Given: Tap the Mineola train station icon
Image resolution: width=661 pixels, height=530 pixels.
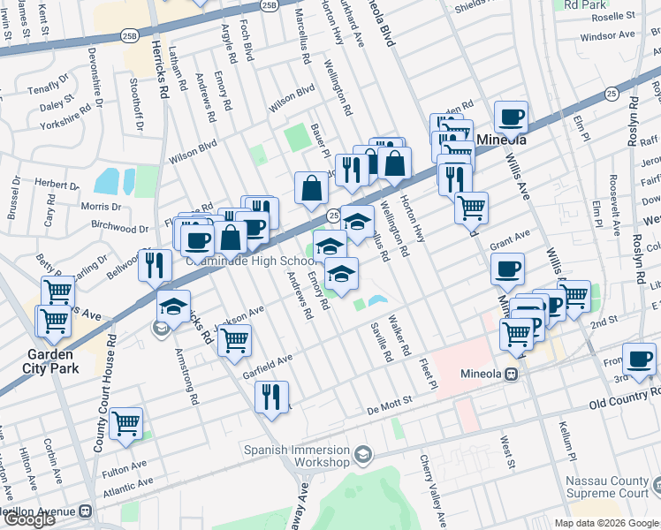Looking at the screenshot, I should point(511,374).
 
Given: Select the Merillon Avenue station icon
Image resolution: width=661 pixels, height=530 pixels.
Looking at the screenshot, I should point(86,511).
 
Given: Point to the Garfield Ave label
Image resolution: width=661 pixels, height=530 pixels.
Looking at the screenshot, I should point(267,367).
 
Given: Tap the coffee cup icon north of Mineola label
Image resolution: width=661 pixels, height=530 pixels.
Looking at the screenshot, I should point(511,117).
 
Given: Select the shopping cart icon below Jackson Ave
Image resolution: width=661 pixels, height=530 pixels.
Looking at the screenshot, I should point(234,340).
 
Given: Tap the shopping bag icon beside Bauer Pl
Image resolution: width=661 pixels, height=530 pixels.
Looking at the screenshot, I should point(311,187).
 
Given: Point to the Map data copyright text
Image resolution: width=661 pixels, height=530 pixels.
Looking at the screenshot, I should point(606,523).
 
